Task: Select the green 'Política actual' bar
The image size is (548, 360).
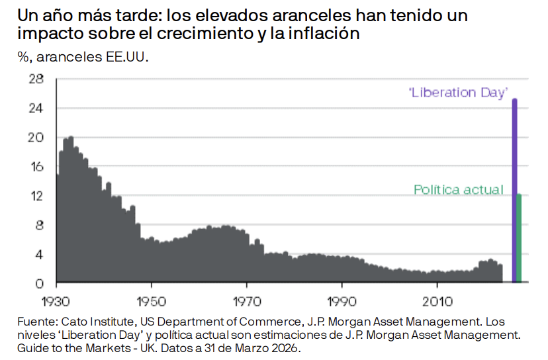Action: point(520,238)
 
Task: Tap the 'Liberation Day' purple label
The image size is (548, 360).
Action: point(461,92)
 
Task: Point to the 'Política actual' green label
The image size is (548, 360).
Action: point(458,190)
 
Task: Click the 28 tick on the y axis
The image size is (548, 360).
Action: point(36,79)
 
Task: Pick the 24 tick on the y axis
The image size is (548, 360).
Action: point(36,109)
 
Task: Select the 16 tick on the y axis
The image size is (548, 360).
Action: point(36,167)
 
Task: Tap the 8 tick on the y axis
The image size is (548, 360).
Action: point(40,225)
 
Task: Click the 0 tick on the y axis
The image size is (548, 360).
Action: point(40,284)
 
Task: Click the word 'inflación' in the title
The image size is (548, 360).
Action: point(326,34)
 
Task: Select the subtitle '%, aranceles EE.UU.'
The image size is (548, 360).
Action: point(83,57)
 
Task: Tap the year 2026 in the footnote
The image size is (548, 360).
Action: point(287,347)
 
